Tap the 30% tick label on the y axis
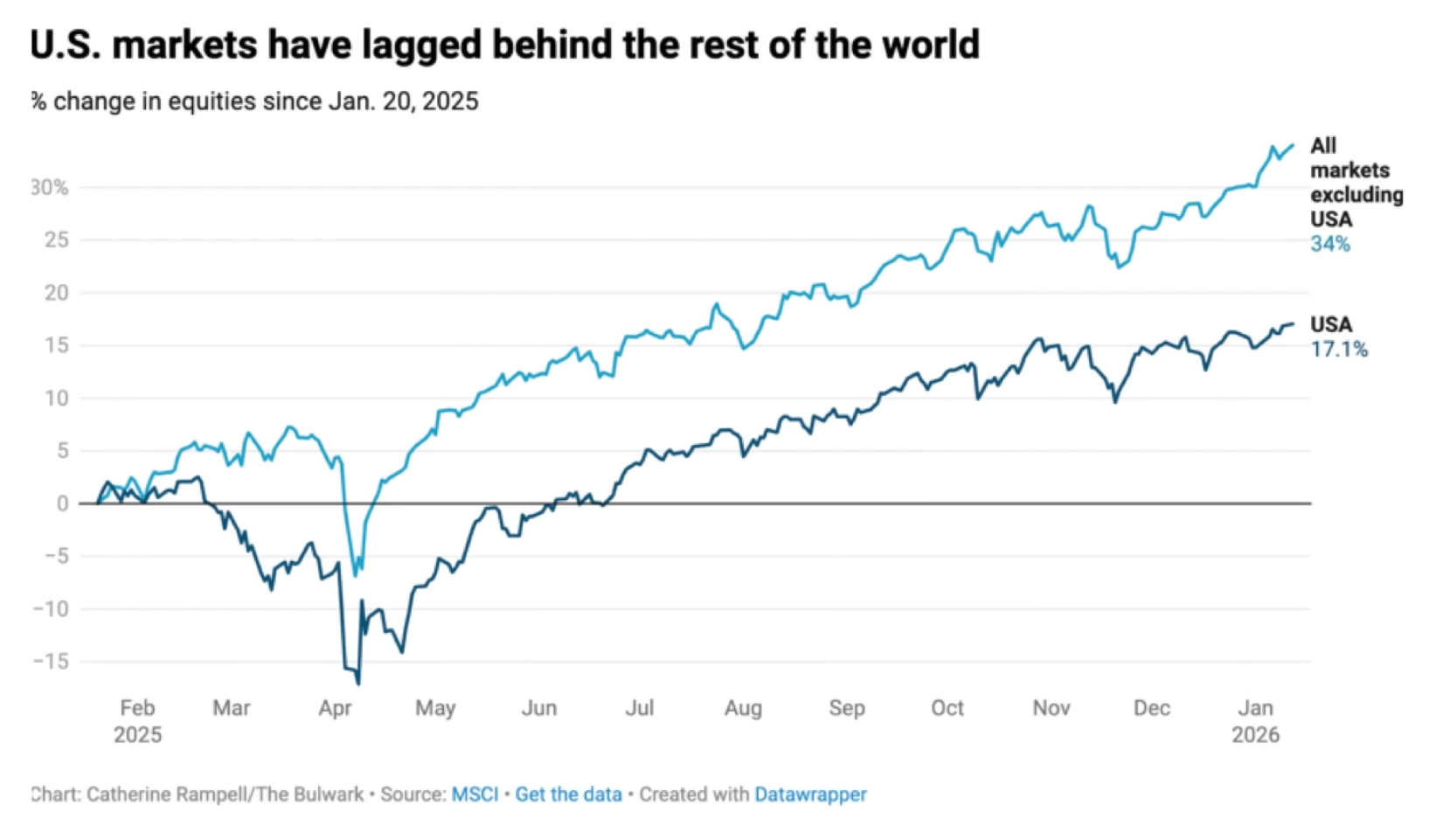[x=49, y=187]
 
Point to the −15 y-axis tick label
[x=50, y=662]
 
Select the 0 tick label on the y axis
[x=62, y=503]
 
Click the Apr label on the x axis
[x=335, y=708]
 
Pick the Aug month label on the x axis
[x=743, y=708]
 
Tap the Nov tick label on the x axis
[x=1051, y=708]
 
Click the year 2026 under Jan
[x=1255, y=735]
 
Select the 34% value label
[x=1329, y=245]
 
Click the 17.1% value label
[x=1339, y=350]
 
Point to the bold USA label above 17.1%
[x=1330, y=325]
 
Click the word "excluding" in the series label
[x=1356, y=195]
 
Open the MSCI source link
[x=475, y=795]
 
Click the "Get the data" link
[x=568, y=795]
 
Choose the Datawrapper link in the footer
[x=810, y=795]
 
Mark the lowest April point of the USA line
[x=358, y=684]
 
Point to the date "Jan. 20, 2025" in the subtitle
[x=403, y=101]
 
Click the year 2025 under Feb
[x=137, y=735]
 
